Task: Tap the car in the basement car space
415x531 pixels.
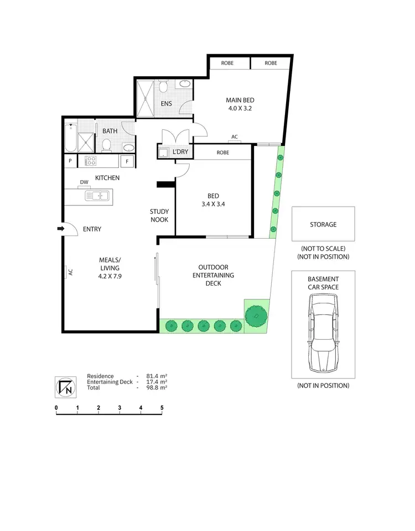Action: pos(323,333)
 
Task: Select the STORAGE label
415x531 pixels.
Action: pos(323,225)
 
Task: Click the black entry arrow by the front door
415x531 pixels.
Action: pos(60,229)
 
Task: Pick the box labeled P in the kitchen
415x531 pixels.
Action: pos(70,161)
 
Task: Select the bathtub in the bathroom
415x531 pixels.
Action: pos(69,138)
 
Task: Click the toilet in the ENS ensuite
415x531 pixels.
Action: pos(164,88)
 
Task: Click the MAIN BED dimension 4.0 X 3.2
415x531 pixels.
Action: pos(240,109)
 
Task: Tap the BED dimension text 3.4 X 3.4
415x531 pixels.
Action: pos(213,204)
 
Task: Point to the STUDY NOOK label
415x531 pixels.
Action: pos(159,215)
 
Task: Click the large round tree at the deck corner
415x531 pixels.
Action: pos(255,317)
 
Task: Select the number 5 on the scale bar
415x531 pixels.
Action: pos(162,408)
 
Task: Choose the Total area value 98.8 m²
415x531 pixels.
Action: pos(155,388)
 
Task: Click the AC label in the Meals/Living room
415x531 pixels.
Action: pos(70,272)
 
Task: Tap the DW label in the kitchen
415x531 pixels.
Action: pos(84,182)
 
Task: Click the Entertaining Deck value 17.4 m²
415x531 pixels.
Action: pos(155,382)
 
